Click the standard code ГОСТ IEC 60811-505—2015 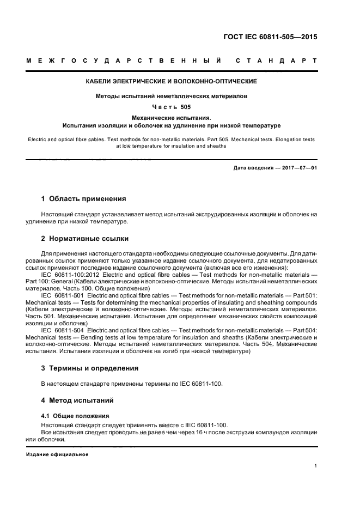coord(270,38)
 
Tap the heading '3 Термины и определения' coord(90,368)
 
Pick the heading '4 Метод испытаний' coord(77,400)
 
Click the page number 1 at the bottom coord(316,465)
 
